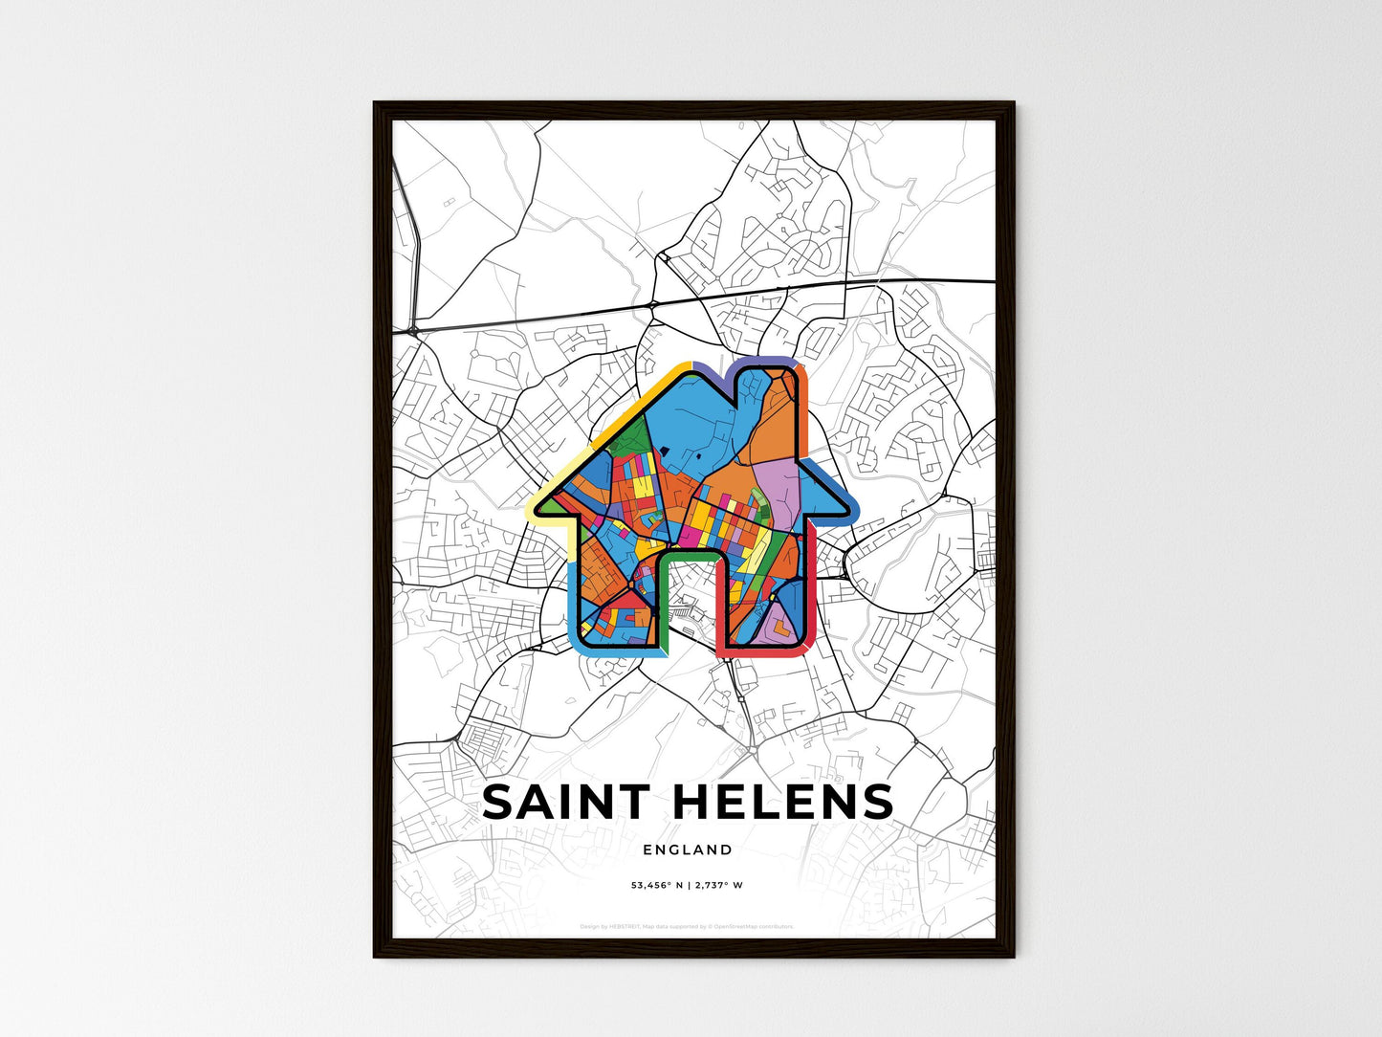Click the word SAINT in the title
[x=566, y=802]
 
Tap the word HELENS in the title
[x=783, y=802]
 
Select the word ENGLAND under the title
[x=688, y=849]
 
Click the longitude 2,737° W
[x=719, y=885]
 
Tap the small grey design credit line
[x=687, y=926]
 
